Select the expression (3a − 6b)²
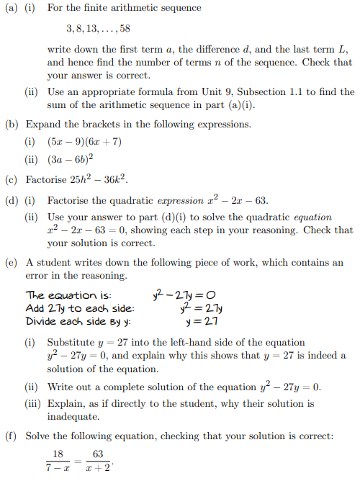tap(69, 160)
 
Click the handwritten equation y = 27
tap(202, 320)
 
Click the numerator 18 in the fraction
tap(58, 454)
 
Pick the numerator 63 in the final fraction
tap(98, 454)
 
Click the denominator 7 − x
tap(59, 468)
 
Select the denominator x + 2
tap(98, 468)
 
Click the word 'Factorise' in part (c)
tap(45, 179)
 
